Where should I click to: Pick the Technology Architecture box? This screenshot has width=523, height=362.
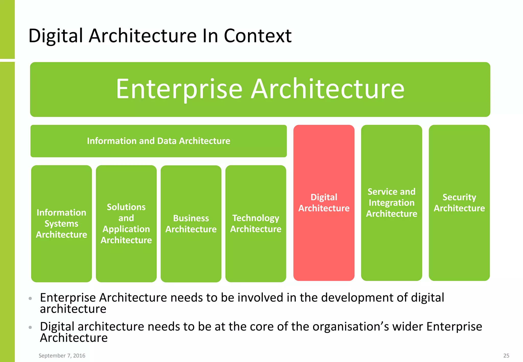pyautogui.click(x=256, y=223)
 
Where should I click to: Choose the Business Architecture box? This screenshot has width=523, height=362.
pyautogui.click(x=191, y=223)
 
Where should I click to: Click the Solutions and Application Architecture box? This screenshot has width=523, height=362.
pyautogui.click(x=126, y=223)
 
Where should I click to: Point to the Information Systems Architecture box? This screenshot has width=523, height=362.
pyautogui.click(x=61, y=223)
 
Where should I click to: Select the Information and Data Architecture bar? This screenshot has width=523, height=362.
pyautogui.click(x=158, y=141)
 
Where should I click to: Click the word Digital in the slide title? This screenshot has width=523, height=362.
pyautogui.click(x=56, y=36)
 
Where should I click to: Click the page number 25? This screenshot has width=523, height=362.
pyautogui.click(x=506, y=356)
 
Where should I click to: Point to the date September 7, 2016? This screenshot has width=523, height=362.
pyautogui.click(x=62, y=356)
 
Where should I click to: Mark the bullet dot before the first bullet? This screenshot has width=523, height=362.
pyautogui.click(x=30, y=298)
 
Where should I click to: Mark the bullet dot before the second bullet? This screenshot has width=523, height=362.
pyautogui.click(x=30, y=327)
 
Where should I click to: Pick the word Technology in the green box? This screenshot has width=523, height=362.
pyautogui.click(x=256, y=218)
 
